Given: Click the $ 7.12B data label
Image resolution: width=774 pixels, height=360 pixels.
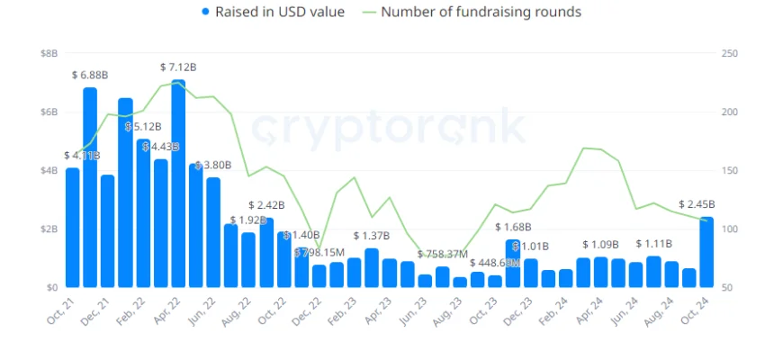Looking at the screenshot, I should coord(178,67).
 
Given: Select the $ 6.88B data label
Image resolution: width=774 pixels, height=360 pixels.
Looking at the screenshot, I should coord(90,75).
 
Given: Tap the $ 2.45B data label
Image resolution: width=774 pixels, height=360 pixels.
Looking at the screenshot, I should coord(697,204).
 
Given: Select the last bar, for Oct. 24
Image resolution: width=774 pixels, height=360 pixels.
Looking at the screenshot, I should coord(706,252).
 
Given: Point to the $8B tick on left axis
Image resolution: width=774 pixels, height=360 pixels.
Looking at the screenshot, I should coord(49,54).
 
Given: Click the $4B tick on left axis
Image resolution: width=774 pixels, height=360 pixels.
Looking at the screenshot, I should coord(49,171).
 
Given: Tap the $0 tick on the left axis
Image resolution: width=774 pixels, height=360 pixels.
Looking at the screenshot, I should coord(51,288).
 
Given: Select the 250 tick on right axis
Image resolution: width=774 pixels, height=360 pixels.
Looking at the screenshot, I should coord(730,54).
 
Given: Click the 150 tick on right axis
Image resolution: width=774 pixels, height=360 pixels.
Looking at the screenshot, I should coord(730,171).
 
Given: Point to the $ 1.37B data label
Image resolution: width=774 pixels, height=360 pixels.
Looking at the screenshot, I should coord(371,236).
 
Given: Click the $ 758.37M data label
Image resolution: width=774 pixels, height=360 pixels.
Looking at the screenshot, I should coord(443,255).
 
